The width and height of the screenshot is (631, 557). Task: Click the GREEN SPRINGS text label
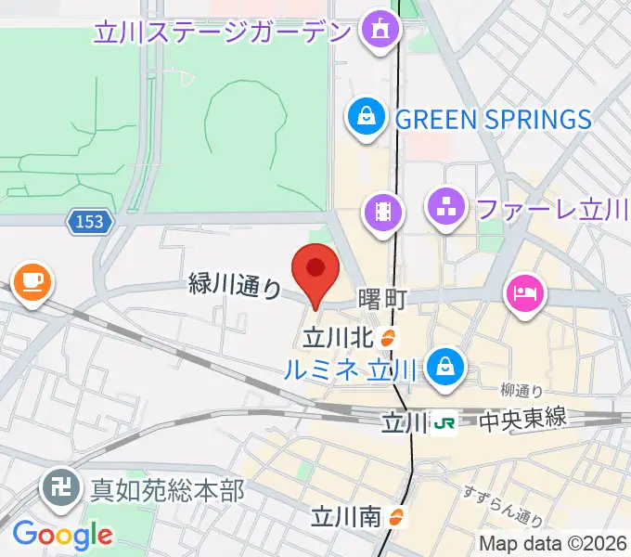[493, 119]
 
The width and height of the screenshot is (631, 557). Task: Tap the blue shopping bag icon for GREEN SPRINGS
[367, 118]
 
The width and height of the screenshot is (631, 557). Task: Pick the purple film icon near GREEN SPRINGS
[382, 213]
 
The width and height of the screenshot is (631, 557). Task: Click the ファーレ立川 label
[552, 209]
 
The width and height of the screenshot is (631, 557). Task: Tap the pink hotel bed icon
[524, 293]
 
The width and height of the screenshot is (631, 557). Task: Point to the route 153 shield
[90, 221]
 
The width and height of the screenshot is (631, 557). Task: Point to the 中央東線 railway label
[522, 422]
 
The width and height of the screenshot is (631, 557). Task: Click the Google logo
[62, 534]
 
